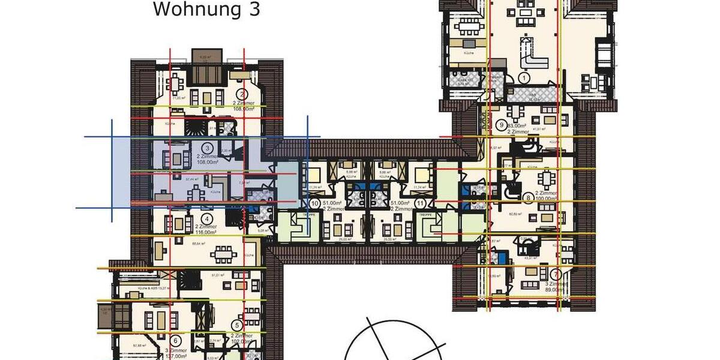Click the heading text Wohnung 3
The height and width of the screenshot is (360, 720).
coord(206,10)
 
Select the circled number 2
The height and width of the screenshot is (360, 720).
coord(242,94)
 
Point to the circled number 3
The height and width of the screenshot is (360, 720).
coord(206,148)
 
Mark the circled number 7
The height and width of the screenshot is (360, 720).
coord(559,274)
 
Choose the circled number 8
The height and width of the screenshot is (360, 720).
coord(528,197)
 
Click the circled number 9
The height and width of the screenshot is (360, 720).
coord(503,125)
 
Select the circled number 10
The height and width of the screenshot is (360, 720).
coord(315,203)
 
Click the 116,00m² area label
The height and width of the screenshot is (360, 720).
coord(205,232)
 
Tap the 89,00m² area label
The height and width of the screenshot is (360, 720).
coord(555,290)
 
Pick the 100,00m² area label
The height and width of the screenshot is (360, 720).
coord(547,200)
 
